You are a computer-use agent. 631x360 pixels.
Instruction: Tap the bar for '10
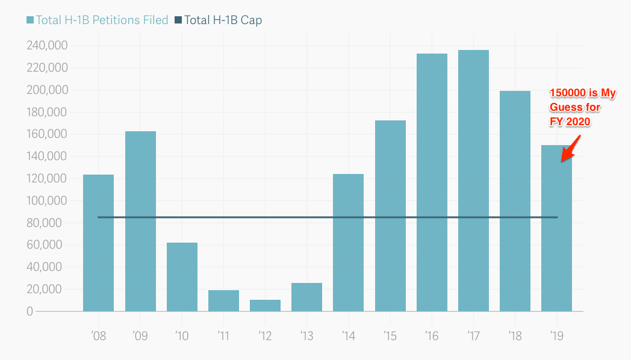point(182,277)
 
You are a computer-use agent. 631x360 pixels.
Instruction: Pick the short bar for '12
point(265,305)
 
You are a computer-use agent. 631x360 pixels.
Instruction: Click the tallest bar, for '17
point(473,181)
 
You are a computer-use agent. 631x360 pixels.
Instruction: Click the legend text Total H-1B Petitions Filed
point(102,20)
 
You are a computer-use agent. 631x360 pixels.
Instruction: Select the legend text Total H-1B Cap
point(223,20)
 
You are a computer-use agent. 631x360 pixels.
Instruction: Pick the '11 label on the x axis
point(223,335)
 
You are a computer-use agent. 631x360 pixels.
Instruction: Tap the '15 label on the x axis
point(390,335)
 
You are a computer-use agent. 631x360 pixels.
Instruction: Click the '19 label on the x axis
point(556,335)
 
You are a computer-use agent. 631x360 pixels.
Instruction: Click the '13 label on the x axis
point(306,335)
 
